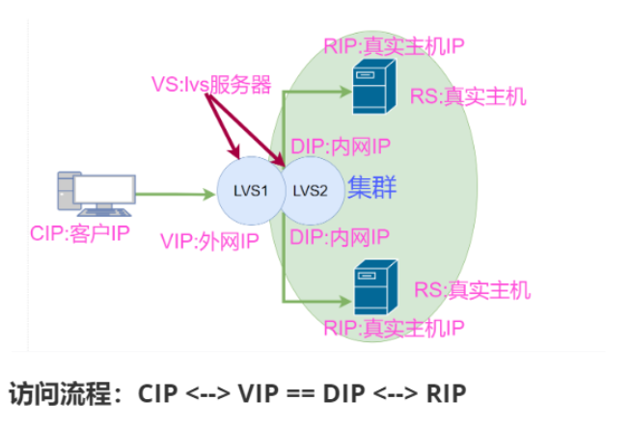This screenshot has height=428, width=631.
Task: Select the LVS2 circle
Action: (311, 190)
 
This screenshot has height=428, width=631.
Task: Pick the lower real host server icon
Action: (375, 287)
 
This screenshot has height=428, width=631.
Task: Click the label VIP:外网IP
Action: (210, 241)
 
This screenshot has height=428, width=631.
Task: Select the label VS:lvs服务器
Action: (211, 82)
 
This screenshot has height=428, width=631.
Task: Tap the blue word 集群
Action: (372, 187)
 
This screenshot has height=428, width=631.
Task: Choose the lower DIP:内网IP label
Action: (339, 236)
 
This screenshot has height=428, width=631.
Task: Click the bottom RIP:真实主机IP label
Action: (394, 329)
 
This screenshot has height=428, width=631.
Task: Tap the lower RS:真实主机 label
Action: (472, 288)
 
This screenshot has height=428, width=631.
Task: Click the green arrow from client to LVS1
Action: (174, 194)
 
